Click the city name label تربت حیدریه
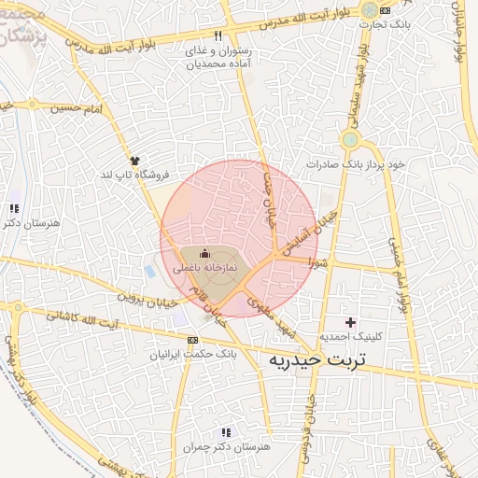(317, 359)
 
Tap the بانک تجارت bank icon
(385, 9)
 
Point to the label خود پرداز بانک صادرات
(359, 163)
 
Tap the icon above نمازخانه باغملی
(205, 253)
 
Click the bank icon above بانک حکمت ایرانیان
(192, 340)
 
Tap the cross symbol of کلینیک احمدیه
(351, 321)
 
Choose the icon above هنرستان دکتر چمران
(224, 432)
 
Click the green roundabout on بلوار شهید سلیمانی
(350, 140)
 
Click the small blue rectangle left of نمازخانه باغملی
(150, 272)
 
